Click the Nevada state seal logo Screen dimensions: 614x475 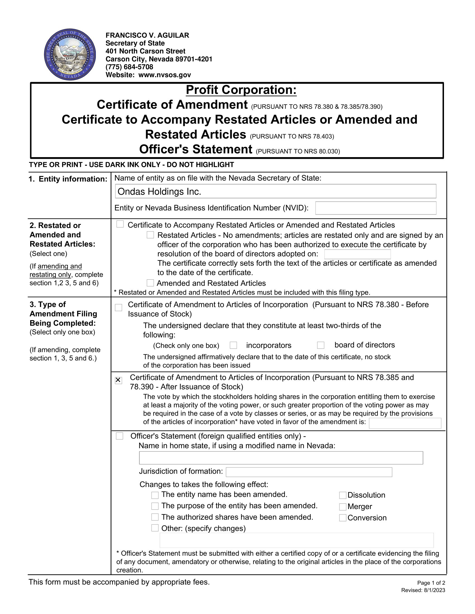[70, 54]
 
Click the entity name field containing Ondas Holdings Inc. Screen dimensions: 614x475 [275, 191]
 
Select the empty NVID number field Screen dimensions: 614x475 [375, 208]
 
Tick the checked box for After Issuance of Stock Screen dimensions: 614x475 [118, 380]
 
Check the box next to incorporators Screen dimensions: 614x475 [233, 345]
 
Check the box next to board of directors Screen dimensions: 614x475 [320, 345]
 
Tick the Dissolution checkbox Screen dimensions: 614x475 [343, 495]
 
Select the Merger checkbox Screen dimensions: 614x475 [343, 507]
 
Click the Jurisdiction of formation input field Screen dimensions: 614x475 [309, 472]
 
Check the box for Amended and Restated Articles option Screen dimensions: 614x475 [150, 283]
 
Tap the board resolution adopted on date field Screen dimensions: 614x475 [357, 254]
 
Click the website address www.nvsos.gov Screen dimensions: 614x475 [165, 75]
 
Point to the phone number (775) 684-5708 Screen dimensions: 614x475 [129, 67]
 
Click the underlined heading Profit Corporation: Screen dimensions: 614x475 [241, 90]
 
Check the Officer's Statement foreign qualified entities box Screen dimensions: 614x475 [120, 436]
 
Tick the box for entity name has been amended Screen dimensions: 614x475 [155, 495]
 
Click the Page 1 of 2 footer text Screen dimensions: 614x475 [431, 583]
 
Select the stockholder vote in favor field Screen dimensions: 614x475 [405, 423]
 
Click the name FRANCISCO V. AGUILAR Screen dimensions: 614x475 [147, 35]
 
